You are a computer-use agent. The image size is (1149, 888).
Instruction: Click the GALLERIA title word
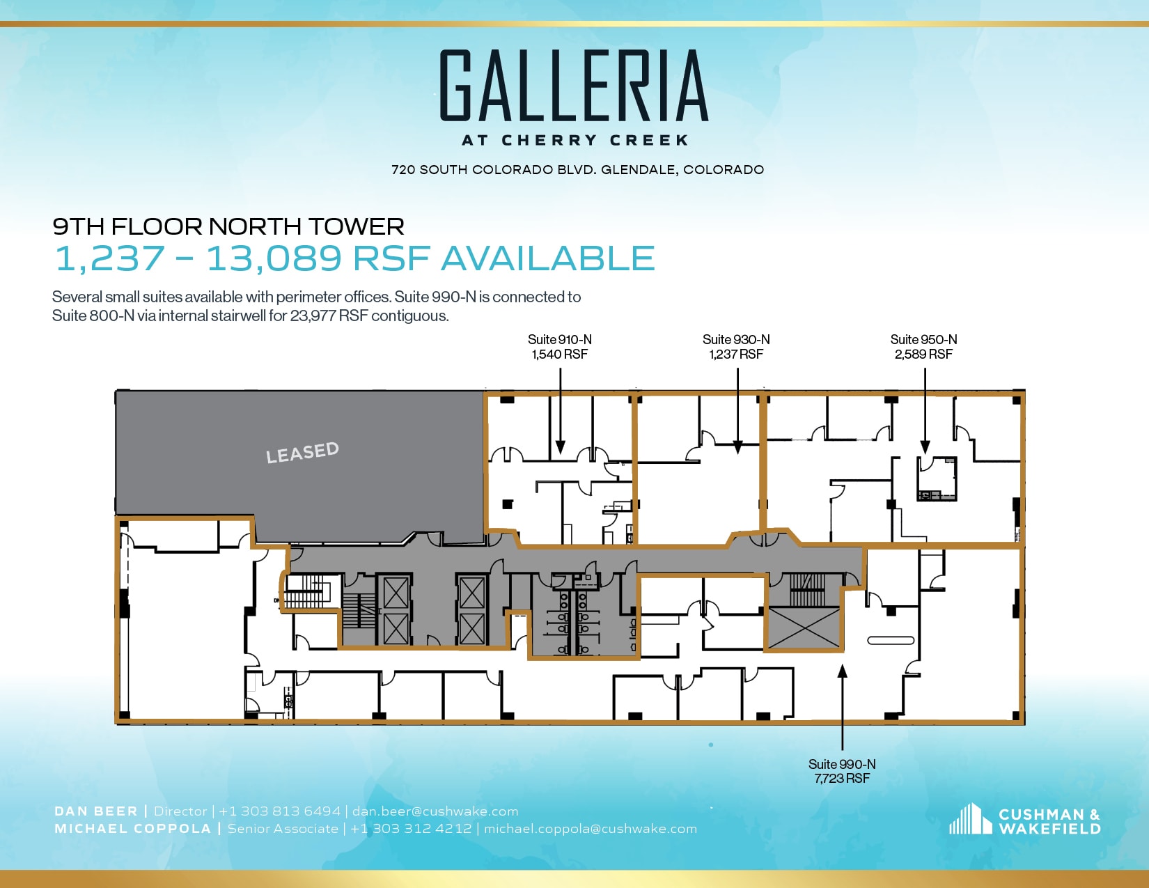pyautogui.click(x=574, y=86)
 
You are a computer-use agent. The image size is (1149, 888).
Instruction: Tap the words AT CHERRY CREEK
pyautogui.click(x=575, y=140)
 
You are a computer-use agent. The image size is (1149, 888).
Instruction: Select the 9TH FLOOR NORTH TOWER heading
pyautogui.click(x=228, y=226)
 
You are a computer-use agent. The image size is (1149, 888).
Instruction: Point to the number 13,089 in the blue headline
pyautogui.click(x=274, y=258)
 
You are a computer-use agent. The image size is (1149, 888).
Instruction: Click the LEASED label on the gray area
pyautogui.click(x=302, y=453)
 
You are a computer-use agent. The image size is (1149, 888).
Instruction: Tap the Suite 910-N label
pyautogui.click(x=560, y=339)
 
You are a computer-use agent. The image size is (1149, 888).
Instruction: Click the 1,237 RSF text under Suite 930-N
pyautogui.click(x=736, y=355)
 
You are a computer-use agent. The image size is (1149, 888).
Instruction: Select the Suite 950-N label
pyautogui.click(x=923, y=339)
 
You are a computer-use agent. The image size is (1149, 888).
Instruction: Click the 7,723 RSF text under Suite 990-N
pyautogui.click(x=842, y=779)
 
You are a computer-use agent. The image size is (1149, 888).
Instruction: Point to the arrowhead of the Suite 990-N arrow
pyautogui.click(x=842, y=670)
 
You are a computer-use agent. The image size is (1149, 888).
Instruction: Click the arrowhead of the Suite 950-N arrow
pyautogui.click(x=925, y=448)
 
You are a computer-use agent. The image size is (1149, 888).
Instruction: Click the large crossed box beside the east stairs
pyautogui.click(x=804, y=628)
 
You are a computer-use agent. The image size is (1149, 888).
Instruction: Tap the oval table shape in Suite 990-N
pyautogui.click(x=891, y=640)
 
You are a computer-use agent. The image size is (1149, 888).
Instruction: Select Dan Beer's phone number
pyautogui.click(x=280, y=811)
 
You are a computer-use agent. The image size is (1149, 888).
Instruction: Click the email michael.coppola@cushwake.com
pyautogui.click(x=591, y=829)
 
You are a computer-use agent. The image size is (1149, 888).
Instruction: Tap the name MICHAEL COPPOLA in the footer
pyautogui.click(x=132, y=829)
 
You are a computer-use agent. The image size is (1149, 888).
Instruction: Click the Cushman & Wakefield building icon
pyautogui.click(x=970, y=820)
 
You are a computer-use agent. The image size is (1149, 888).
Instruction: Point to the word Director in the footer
pyautogui.click(x=180, y=811)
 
